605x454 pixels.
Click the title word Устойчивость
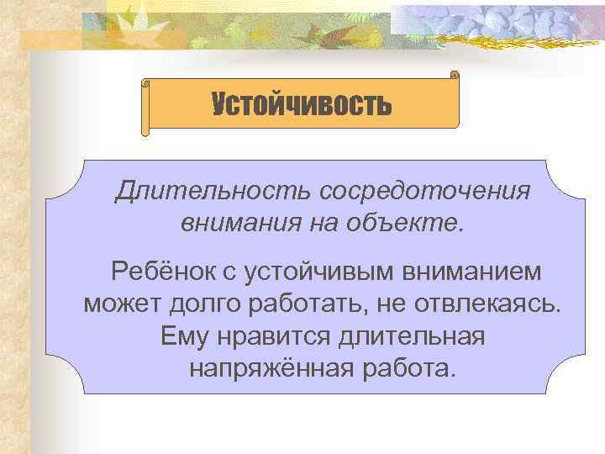pos(302,105)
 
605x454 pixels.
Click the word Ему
pos(185,335)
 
